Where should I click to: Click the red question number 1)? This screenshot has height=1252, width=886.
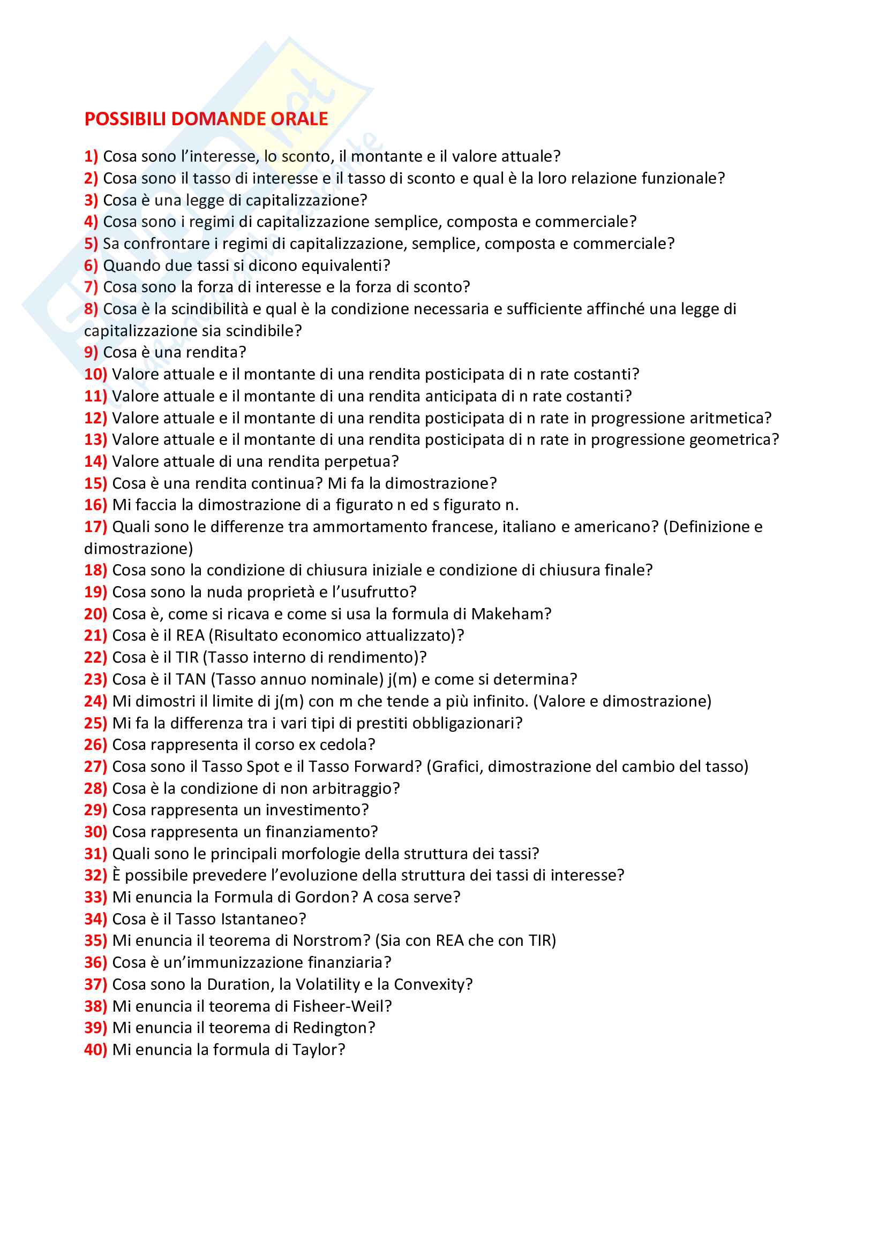coord(91,156)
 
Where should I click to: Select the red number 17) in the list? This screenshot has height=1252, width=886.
coord(95,527)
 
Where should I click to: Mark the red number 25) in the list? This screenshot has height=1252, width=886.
coord(95,723)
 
